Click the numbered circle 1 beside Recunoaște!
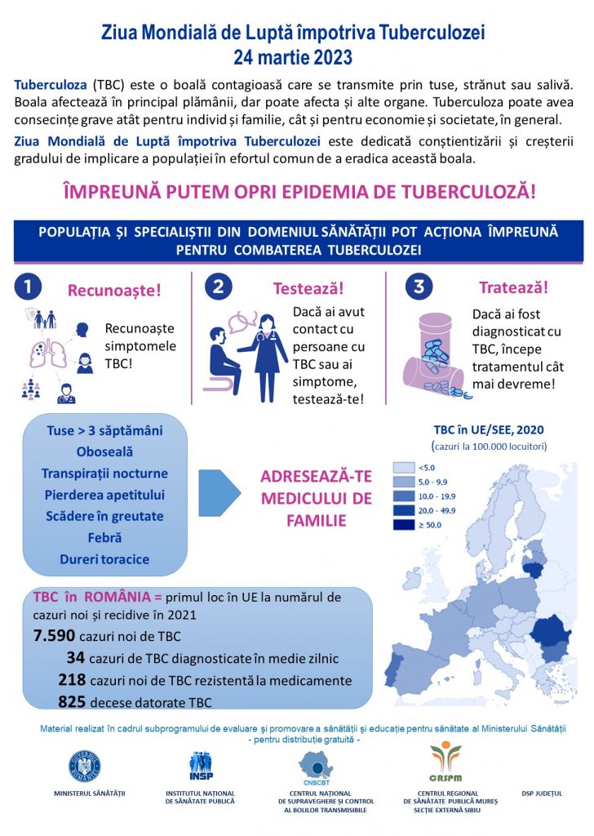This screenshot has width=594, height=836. coord(29,287)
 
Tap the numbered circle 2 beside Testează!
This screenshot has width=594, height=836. coord(220,287)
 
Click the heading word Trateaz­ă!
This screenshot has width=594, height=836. coord(512,288)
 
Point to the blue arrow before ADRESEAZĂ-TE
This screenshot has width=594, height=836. coord(219,495)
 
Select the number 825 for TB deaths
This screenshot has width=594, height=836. coord(75,701)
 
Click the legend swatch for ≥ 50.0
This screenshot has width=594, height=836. coord(403,525)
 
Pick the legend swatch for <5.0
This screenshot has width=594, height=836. coord(403,467)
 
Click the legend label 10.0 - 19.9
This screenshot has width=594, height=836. coord(441,496)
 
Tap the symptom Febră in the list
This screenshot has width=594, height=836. coord(104,538)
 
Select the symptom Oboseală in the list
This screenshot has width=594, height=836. coord(104,451)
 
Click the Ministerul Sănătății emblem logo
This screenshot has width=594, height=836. coord(85,764)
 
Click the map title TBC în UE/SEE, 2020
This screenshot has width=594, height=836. coord(488,430)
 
